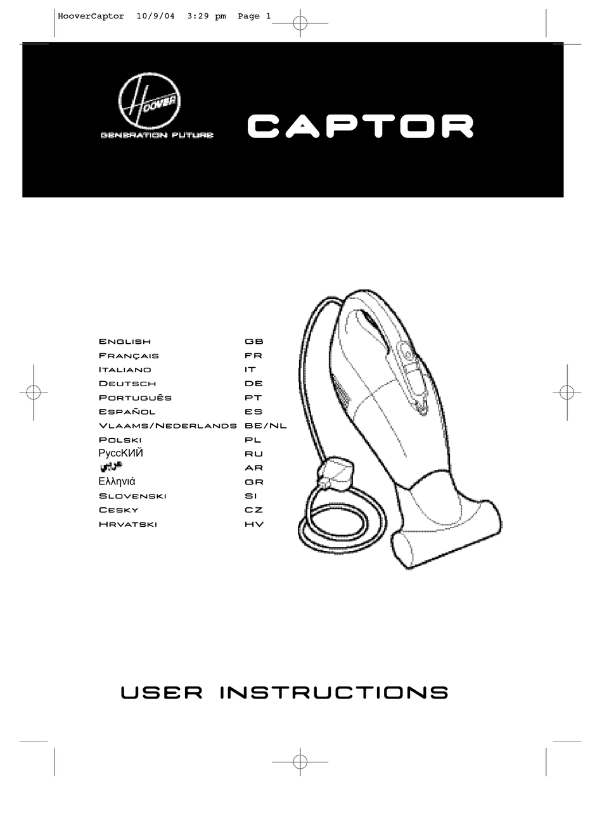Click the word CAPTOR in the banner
(360, 126)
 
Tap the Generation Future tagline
(157, 135)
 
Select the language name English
(125, 342)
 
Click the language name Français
(129, 356)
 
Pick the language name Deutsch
(127, 384)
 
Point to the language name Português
(135, 398)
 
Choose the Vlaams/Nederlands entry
(167, 425)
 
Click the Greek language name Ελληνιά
(117, 482)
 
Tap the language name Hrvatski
(127, 524)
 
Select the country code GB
(253, 342)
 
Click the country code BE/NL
(266, 425)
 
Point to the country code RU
(253, 454)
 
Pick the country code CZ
(253, 510)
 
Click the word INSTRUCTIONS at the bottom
(334, 693)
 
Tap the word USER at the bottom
(162, 693)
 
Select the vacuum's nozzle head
(447, 532)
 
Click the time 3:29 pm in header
(207, 16)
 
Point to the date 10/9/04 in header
(155, 16)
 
